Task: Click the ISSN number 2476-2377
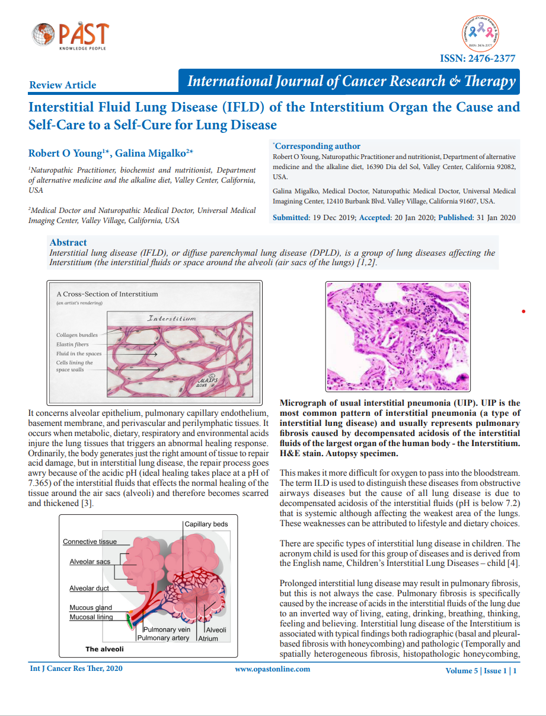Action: coord(477,58)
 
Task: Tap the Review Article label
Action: coord(62,85)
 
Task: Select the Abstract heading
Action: coord(68,242)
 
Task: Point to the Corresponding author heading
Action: coord(317,146)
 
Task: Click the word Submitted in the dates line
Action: coord(290,218)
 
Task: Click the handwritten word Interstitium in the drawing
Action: coord(172,319)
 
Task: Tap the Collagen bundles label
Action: coord(77,335)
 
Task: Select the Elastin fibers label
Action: coord(73,344)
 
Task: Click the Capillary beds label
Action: coord(206,524)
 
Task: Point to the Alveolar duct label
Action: coord(90,588)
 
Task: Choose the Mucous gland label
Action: coord(91,608)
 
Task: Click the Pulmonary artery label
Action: coord(164,638)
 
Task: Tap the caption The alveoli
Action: coord(104,650)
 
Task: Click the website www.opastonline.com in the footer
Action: coord(272,669)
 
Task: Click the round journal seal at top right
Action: coord(481,33)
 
